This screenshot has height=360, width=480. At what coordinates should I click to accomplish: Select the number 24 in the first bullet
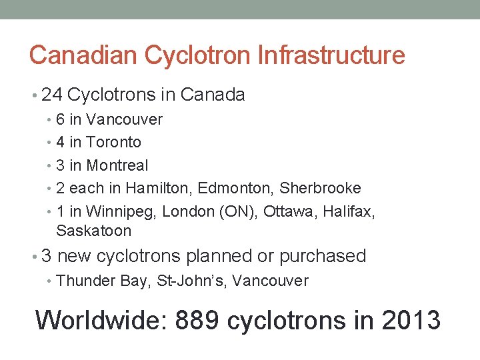52,95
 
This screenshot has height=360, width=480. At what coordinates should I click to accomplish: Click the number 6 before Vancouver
61,120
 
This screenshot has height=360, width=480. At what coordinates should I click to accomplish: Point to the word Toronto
114,143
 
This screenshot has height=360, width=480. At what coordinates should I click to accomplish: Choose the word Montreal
118,165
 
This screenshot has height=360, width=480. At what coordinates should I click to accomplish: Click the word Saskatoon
94,231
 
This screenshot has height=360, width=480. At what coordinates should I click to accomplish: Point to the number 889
197,320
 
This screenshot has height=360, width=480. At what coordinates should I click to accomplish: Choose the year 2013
411,320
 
